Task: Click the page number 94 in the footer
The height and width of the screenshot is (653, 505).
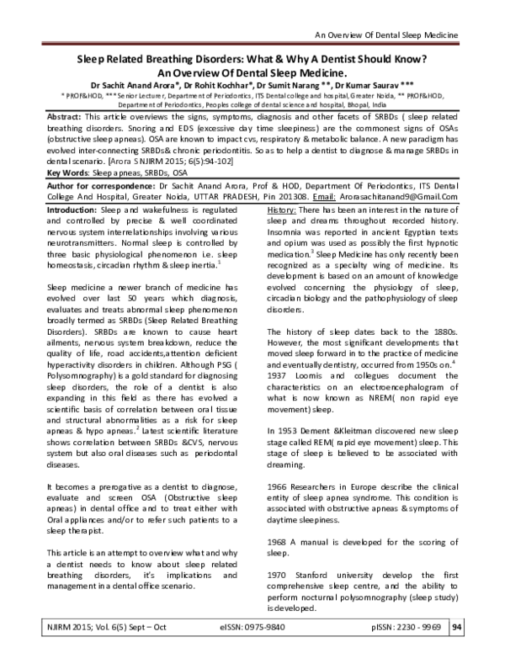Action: [x=457, y=626]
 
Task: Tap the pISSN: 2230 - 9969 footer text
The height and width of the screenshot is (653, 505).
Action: [x=390, y=627]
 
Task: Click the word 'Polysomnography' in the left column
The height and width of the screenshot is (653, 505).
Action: [x=78, y=351]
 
